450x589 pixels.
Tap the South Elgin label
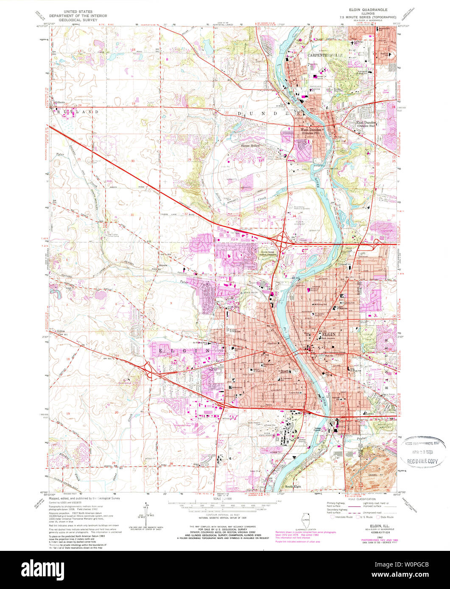point(293,486)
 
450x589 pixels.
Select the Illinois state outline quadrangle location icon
point(305,518)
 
